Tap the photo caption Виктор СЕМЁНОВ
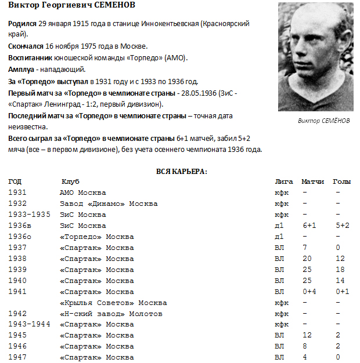pos(325,121)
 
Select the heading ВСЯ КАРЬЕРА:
pos(182,171)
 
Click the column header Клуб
pos(70,181)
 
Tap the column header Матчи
pos(313,181)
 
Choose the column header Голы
pos(341,181)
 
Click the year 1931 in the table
pos(17,193)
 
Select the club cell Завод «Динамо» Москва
pos(109,204)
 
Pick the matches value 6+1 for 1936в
pos(309,226)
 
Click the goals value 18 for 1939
pos(340,270)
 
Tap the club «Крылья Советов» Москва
pos(113,303)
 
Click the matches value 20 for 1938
pos(307,259)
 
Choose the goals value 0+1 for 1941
pos(341,292)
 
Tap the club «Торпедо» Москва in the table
pos(96,237)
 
